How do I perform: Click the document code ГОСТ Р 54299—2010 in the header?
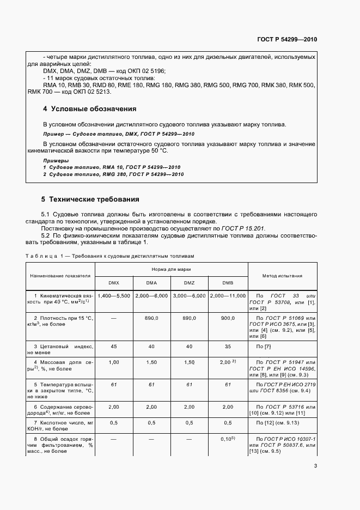click(287, 40)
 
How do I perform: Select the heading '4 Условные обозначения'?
click(89, 109)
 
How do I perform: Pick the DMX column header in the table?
click(114, 282)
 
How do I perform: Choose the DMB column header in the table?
click(228, 282)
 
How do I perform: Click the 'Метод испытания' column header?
click(282, 276)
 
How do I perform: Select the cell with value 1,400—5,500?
click(113, 295)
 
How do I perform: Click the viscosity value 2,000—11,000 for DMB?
click(228, 295)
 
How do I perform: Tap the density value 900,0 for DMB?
click(228, 317)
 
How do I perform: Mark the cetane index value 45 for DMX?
click(113, 346)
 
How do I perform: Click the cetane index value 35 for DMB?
click(228, 346)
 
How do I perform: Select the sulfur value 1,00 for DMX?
click(113, 362)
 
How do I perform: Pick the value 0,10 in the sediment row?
click(227, 439)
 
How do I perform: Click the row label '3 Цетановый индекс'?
click(59, 349)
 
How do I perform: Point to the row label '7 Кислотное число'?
click(59, 426)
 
